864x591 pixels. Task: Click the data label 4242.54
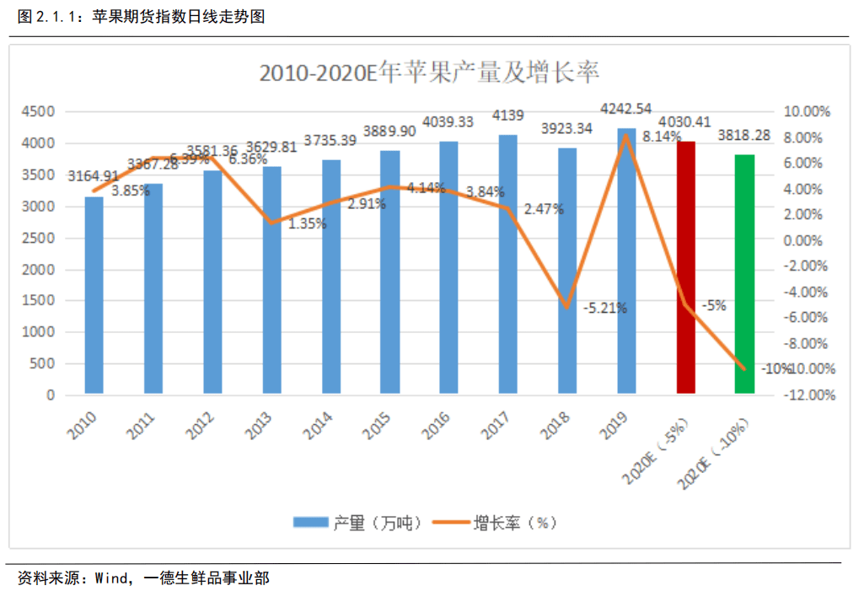point(625,109)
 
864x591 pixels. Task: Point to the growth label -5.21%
point(604,309)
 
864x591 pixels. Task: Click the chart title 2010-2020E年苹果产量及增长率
point(429,73)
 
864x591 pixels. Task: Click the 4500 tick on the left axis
point(38,111)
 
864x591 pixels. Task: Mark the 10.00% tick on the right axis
point(807,111)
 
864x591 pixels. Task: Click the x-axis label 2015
point(378,428)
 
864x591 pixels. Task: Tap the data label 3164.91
point(94,176)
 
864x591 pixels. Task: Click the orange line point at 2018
point(567,307)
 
